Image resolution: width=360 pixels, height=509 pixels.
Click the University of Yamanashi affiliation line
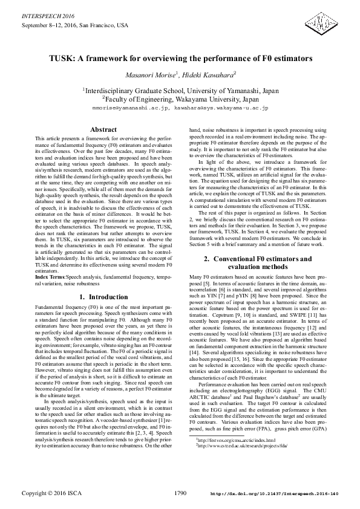pyautogui.click(x=180, y=89)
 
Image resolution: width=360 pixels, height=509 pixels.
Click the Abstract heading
pyautogui.click(x=103, y=129)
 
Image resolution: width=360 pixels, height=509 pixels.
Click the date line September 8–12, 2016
pyautogui.click(x=74, y=25)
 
